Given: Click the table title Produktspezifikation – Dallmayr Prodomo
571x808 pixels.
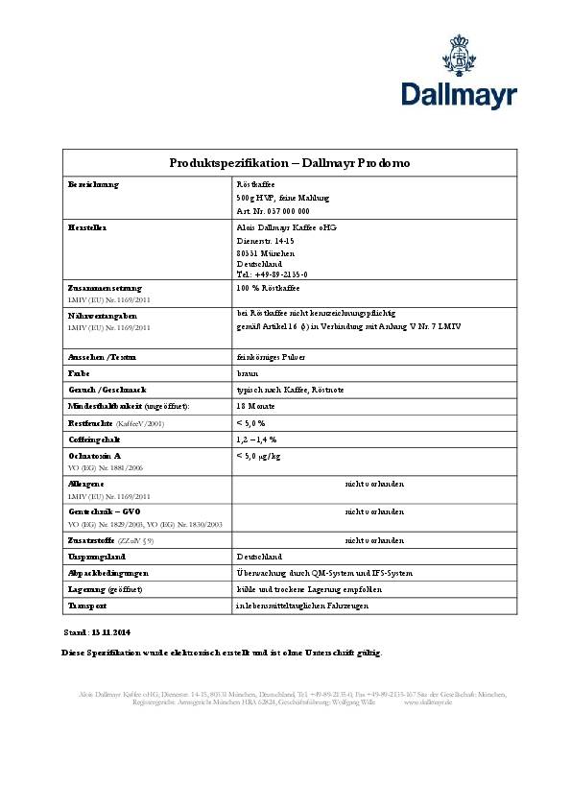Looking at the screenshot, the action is pos(289,163).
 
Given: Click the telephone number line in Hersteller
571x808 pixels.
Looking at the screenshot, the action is pos(272,273).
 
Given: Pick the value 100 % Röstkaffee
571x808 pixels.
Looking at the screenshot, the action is pos(268,288).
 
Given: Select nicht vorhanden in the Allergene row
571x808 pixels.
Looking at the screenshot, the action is pos(374,484).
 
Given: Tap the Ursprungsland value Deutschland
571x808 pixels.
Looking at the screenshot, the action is pos(259,556).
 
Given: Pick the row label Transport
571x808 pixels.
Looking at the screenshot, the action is pos(85,606).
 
